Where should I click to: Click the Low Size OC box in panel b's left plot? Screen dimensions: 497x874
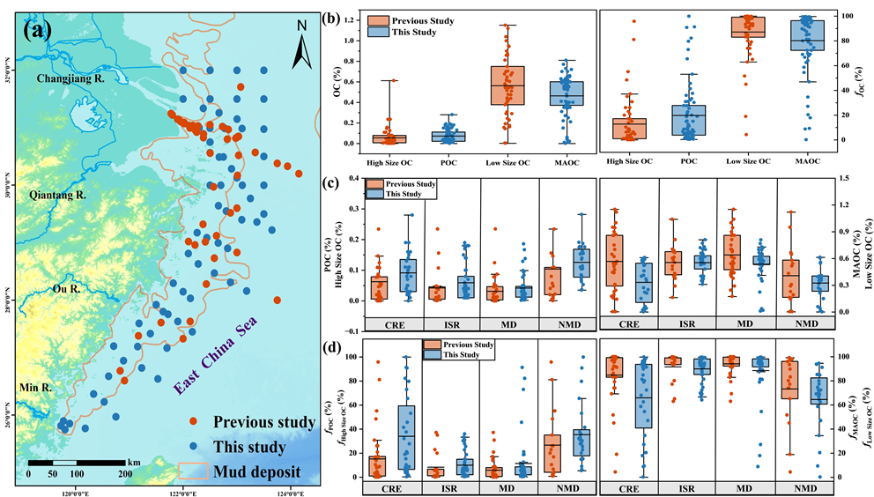(507, 85)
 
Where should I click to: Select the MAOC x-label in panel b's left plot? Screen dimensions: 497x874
(567, 161)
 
